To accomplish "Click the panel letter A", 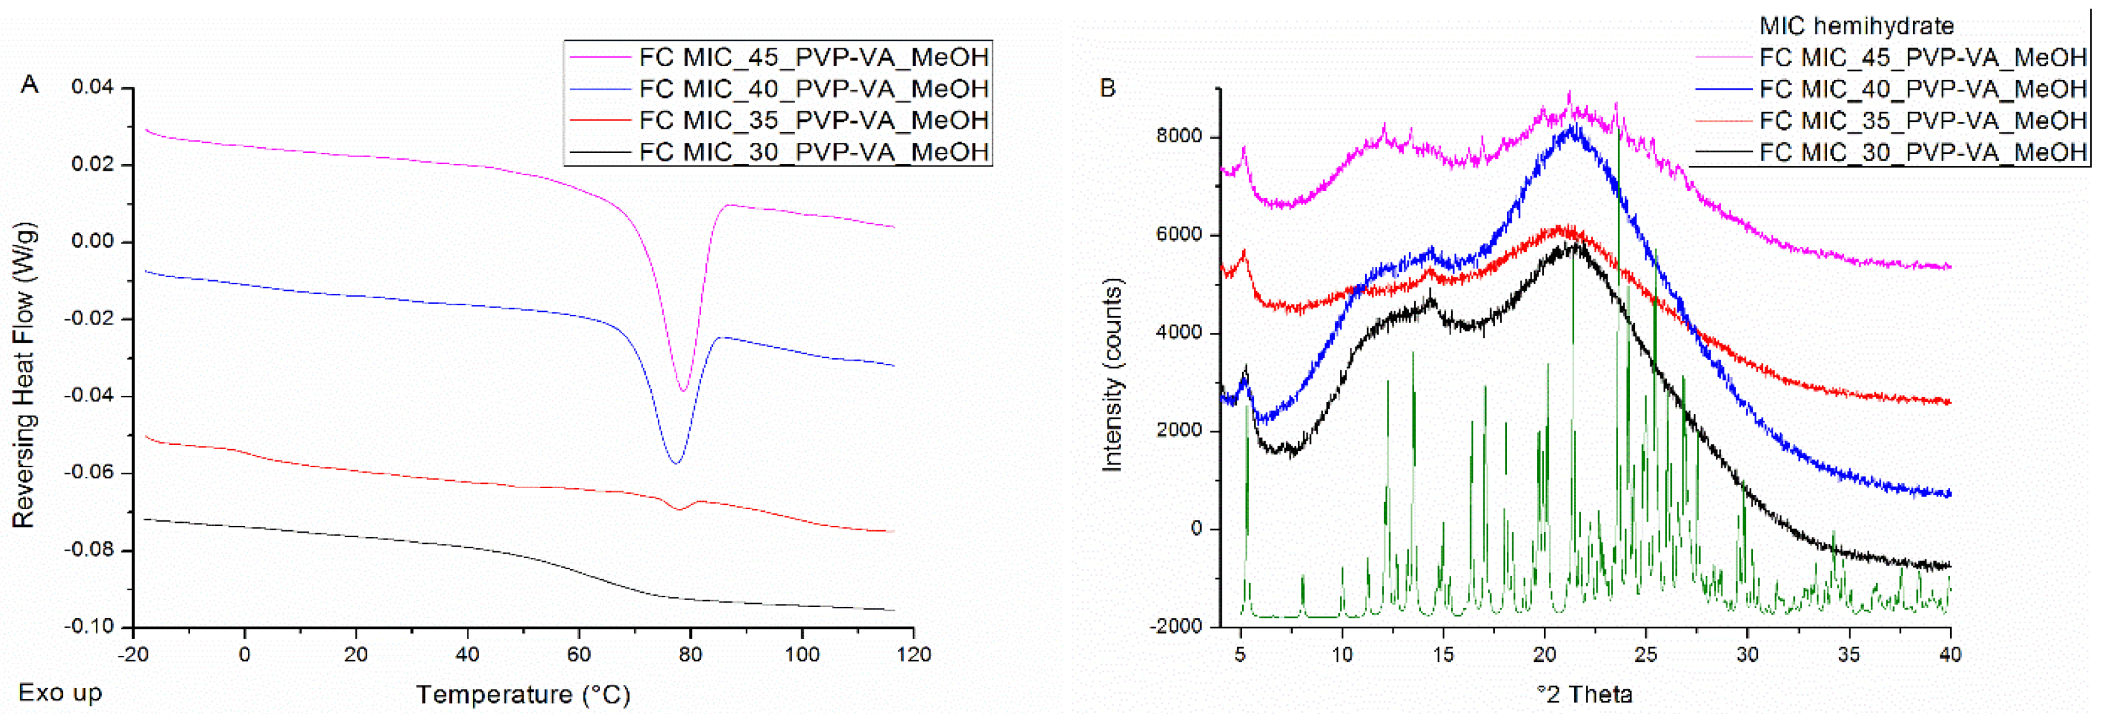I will [29, 84].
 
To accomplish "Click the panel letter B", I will [1107, 87].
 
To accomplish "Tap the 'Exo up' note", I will [61, 693].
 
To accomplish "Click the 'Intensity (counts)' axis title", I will [1112, 376].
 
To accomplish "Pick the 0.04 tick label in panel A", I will [92, 87].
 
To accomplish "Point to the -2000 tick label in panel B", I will [1175, 626].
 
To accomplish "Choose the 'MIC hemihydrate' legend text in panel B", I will [1856, 26].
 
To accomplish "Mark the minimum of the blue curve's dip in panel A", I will [675, 463].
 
